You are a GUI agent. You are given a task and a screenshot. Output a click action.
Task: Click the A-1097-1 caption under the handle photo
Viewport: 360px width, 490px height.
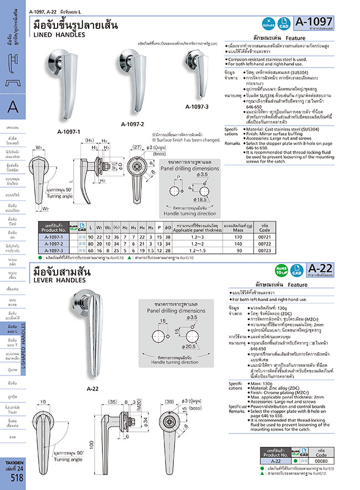coord(69,132)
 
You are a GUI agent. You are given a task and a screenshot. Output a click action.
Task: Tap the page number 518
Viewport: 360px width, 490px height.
coord(17,479)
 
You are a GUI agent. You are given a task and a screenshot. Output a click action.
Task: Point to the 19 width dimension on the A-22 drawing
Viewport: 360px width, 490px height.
coord(42,402)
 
